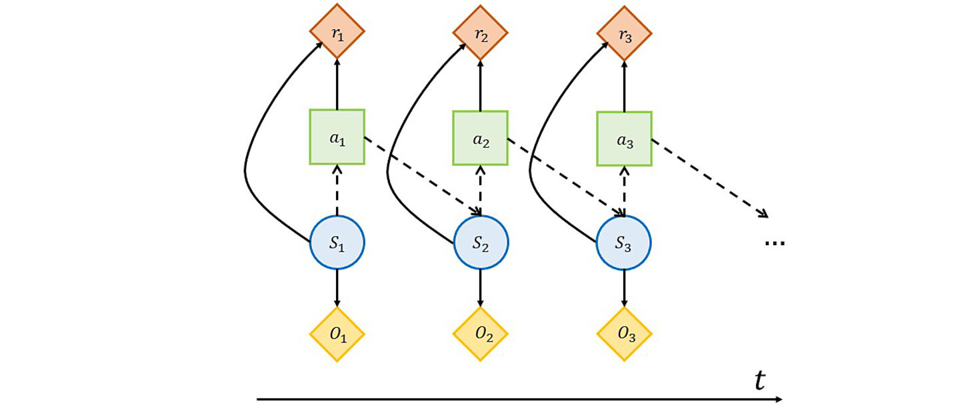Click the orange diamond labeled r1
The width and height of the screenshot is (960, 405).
coord(337,32)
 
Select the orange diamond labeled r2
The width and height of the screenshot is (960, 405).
coord(481,32)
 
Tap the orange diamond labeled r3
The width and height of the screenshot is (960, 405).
coord(624,32)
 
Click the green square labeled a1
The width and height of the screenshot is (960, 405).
coord(337,137)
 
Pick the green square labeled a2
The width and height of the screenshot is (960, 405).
coord(481,137)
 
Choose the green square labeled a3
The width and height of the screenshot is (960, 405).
coord(624,137)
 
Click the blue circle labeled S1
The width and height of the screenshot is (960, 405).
coord(337,242)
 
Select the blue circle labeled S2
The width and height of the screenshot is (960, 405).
coord(481,242)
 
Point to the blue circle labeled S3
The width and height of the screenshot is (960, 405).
coord(624,242)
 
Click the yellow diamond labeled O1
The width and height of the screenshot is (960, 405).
coord(337,334)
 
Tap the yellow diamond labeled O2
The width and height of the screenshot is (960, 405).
coord(481,334)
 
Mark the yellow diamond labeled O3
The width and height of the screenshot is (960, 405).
coord(624,334)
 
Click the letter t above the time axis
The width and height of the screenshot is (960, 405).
coord(759,380)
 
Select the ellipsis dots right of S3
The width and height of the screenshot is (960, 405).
coord(775,243)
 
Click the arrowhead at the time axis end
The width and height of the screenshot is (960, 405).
coord(778,399)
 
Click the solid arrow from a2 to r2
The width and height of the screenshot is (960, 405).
coord(481,85)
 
